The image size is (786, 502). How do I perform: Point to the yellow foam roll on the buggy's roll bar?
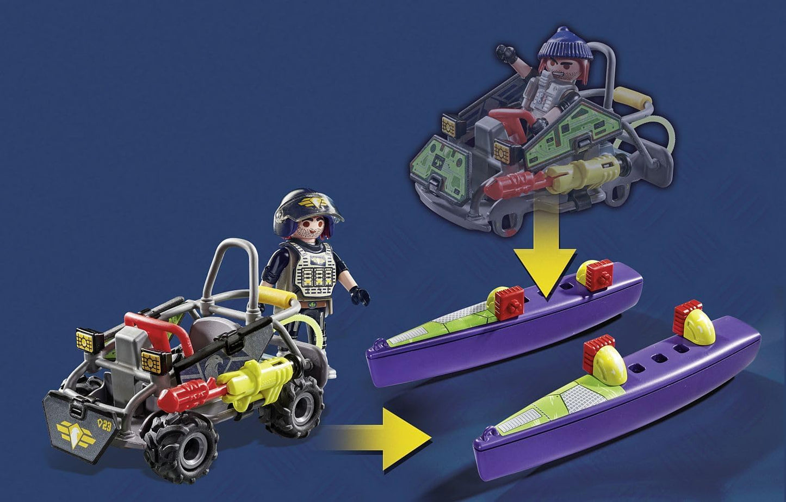tap(280, 296)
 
